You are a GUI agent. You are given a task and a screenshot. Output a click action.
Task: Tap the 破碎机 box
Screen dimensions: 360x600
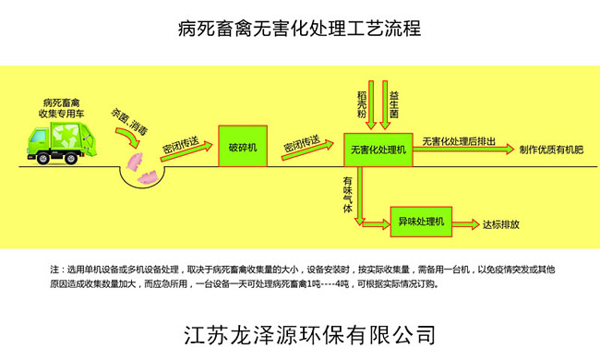coord(243,146)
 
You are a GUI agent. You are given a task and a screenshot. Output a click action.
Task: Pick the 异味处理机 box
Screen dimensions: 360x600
coord(421,222)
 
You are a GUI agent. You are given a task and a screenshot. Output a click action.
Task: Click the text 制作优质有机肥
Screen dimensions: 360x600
coord(552,149)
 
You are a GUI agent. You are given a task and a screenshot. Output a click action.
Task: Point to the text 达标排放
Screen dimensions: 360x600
coord(501,223)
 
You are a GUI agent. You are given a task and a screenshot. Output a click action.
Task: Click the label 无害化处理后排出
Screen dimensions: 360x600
coord(459,140)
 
